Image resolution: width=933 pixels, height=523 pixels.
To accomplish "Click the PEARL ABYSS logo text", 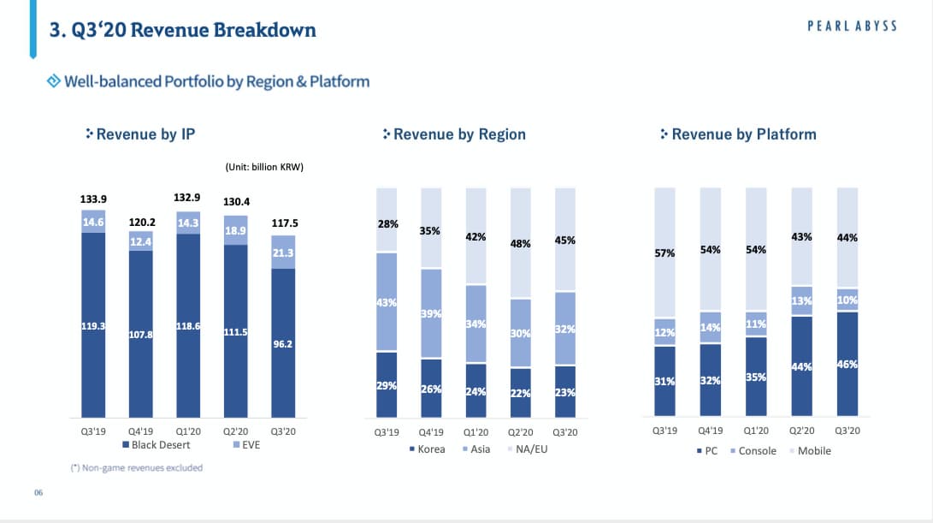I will click(852, 26).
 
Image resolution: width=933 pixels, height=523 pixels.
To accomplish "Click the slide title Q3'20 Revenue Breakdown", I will click(182, 31).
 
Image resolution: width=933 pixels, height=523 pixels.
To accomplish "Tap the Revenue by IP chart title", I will click(145, 134).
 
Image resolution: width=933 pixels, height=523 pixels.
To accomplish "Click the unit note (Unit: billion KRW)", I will click(264, 166).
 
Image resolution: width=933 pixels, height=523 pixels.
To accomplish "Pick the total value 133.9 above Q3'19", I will click(93, 199).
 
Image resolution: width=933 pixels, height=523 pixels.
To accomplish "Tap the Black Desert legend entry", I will click(156, 445).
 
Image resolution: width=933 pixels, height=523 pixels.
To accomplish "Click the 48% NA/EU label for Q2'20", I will click(520, 243).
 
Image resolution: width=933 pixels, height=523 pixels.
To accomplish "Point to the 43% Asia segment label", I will click(387, 301).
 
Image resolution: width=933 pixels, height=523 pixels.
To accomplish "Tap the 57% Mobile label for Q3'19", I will click(664, 253).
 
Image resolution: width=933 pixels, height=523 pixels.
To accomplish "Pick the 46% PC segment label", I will click(847, 365).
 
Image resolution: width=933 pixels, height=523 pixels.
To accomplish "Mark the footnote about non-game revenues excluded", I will click(136, 467).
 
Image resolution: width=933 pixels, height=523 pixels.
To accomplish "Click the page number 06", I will click(38, 493).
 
